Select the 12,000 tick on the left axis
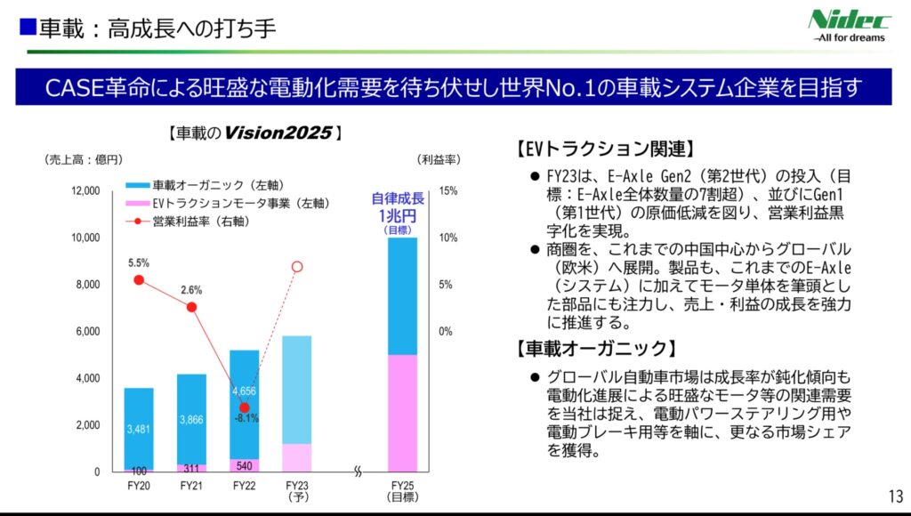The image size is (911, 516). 86,191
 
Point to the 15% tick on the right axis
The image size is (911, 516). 448,191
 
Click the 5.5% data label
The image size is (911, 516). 139,263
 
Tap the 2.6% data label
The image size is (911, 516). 191,290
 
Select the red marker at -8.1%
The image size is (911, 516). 245,407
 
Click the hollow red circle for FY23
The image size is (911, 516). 298,266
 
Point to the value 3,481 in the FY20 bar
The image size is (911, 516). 139,429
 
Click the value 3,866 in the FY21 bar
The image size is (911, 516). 191,420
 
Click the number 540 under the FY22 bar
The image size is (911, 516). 245,465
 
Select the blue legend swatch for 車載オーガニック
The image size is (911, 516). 138,186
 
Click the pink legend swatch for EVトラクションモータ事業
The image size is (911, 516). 138,204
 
